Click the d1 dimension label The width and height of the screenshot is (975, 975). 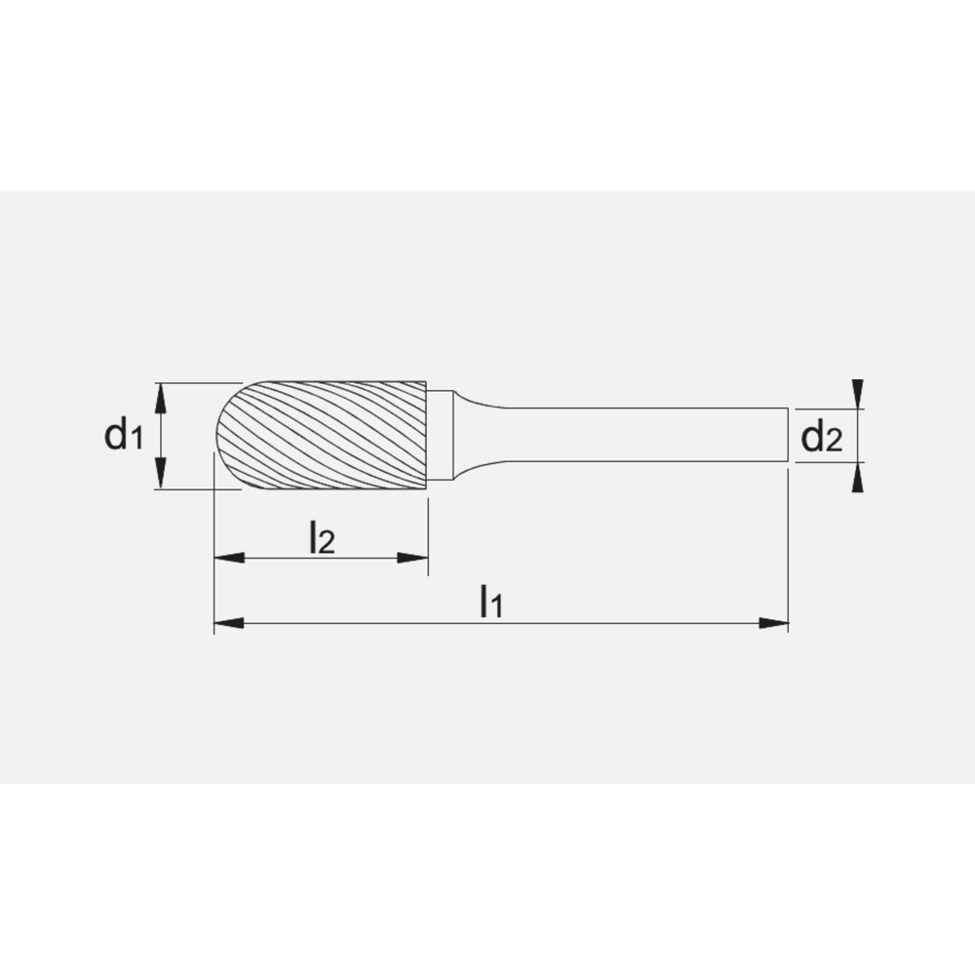click(124, 436)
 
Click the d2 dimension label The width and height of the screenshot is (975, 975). click(820, 439)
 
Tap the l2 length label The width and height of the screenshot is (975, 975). click(321, 537)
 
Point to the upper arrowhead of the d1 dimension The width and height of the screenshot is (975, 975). click(163, 392)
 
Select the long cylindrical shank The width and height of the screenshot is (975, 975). click(643, 436)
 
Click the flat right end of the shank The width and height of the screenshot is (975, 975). click(787, 436)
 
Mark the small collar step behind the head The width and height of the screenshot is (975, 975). click(440, 436)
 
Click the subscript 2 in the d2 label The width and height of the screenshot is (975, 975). click(833, 444)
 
